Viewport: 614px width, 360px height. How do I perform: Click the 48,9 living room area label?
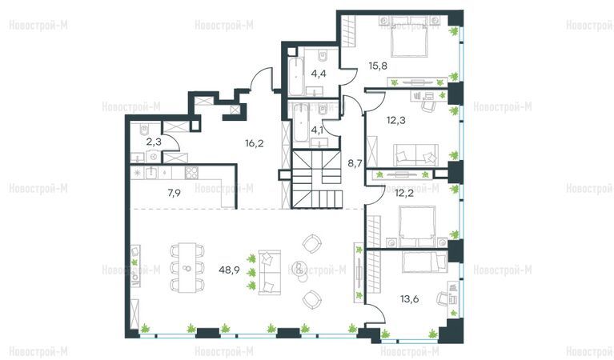tap(229, 270)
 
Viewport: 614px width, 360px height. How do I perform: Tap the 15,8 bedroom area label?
tap(378, 66)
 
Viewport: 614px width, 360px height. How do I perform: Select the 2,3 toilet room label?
tap(154, 142)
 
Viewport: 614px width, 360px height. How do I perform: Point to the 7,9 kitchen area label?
tap(174, 193)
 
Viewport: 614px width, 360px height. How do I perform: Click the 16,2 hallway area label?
tap(254, 143)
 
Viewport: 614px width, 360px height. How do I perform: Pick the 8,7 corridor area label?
tap(355, 162)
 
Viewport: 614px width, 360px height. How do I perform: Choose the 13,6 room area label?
tap(409, 299)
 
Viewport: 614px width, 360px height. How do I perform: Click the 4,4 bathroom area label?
tap(319, 73)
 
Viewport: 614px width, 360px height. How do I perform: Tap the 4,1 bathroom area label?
tap(317, 130)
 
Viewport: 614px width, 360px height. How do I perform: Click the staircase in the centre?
tap(317, 180)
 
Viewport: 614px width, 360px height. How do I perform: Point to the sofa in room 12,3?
tap(415, 155)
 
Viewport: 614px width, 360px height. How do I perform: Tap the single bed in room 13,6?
tap(425, 262)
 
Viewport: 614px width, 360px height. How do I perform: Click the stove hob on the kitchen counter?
tap(191, 173)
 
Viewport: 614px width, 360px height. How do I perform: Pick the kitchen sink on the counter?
tap(151, 173)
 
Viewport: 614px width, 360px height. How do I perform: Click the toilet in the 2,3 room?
tap(144, 129)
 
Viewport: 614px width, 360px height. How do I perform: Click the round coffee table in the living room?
tap(299, 268)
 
